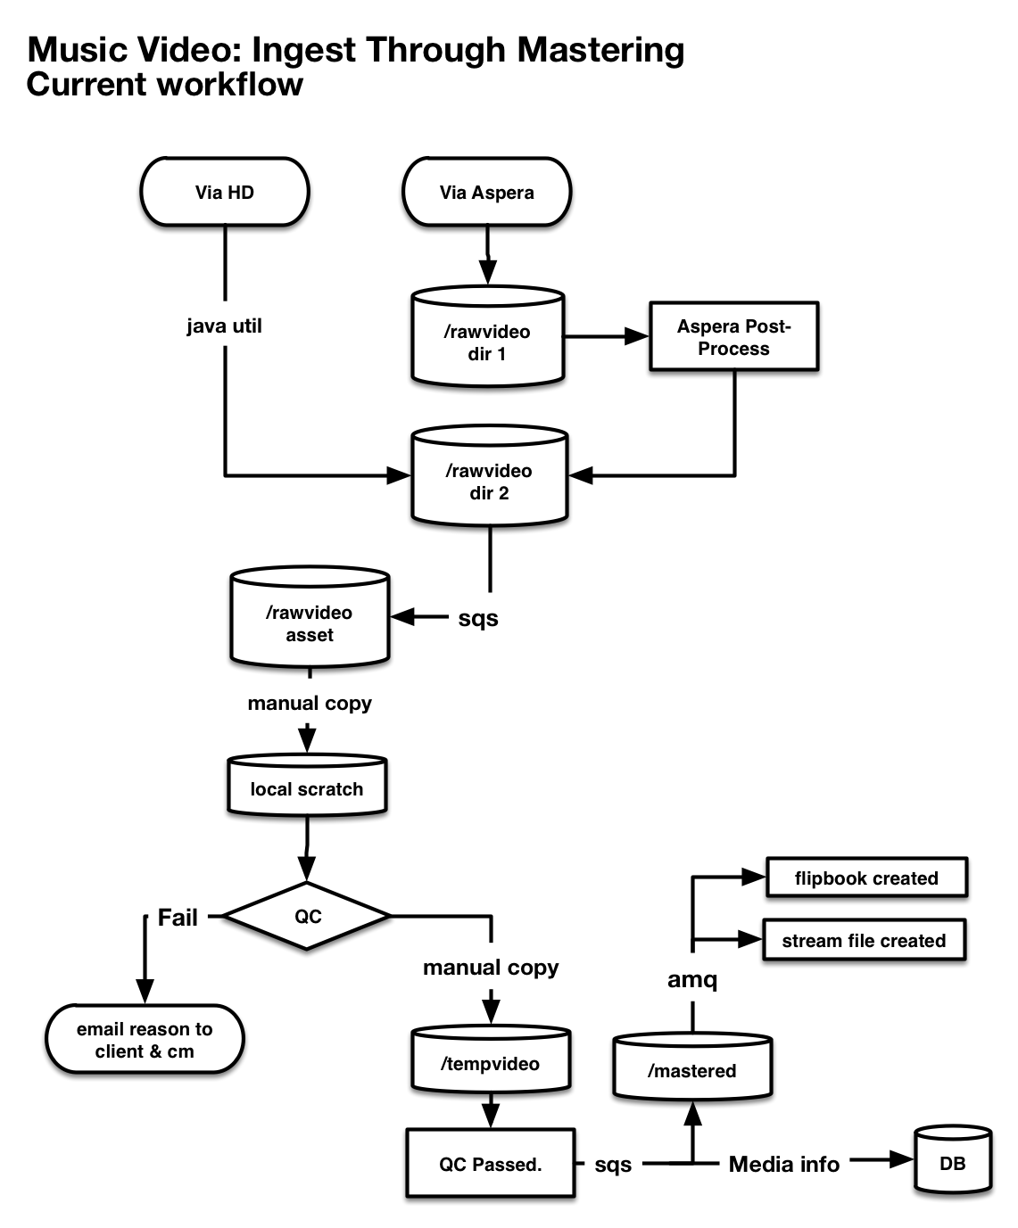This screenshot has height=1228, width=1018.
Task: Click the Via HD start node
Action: [225, 192]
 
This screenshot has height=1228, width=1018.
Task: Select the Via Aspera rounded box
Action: [486, 192]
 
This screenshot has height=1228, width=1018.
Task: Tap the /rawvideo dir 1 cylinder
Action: [488, 336]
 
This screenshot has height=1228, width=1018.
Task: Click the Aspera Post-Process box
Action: [733, 336]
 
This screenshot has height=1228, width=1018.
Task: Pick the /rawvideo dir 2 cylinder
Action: [490, 475]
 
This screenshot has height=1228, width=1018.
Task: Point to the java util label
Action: [224, 326]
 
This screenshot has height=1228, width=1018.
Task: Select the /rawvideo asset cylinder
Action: [310, 617]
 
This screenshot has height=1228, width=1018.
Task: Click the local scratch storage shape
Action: [307, 785]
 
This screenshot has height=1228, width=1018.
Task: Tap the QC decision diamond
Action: [307, 916]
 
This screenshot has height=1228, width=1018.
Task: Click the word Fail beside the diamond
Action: [178, 917]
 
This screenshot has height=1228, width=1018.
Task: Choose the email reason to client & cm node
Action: [145, 1039]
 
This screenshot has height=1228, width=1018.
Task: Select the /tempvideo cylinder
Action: [491, 1059]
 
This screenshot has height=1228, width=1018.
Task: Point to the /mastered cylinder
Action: [692, 1066]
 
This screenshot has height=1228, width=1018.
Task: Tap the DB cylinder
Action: [953, 1159]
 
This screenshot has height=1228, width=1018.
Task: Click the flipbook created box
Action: [866, 878]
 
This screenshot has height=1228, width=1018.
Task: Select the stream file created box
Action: [864, 940]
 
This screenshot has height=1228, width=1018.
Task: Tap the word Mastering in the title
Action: [600, 51]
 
